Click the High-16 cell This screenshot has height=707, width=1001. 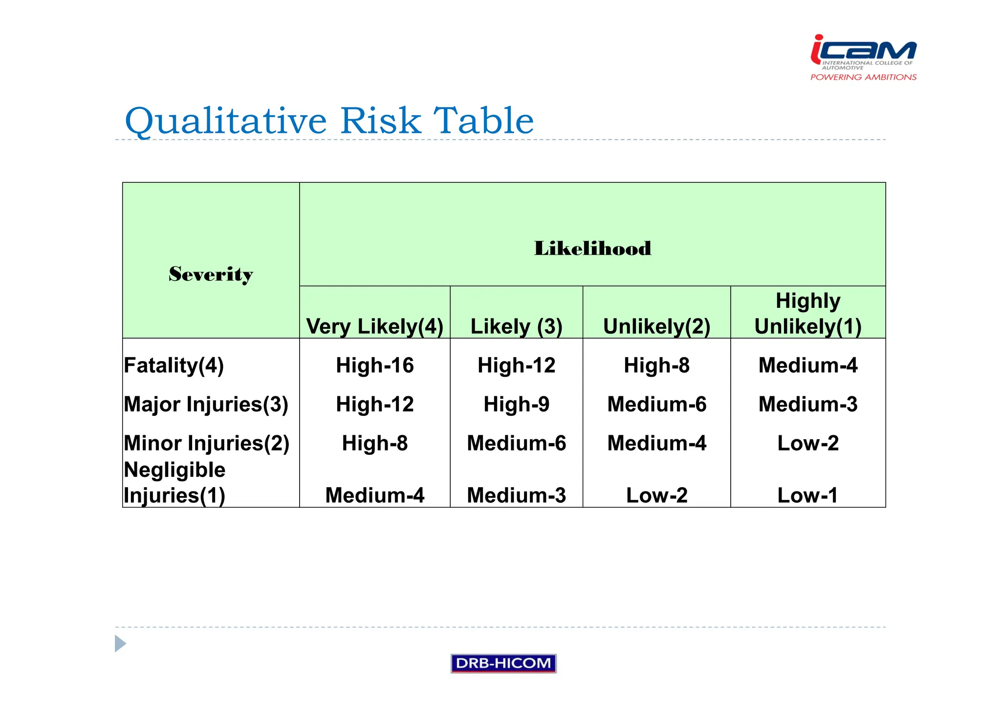click(x=374, y=365)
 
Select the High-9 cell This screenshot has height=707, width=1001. click(x=516, y=405)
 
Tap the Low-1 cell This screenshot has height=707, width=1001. click(x=807, y=495)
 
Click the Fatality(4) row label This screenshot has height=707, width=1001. click(x=174, y=365)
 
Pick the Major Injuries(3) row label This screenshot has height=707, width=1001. click(x=206, y=405)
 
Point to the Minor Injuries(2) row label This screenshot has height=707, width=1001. click(x=206, y=444)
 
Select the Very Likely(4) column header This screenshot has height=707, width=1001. click(x=374, y=326)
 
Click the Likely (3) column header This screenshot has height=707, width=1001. click(x=516, y=326)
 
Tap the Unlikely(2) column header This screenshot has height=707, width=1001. click(x=656, y=326)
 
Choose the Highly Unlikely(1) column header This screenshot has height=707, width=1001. click(x=807, y=314)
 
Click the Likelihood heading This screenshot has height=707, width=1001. click(x=592, y=248)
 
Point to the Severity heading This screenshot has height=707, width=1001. click(x=211, y=274)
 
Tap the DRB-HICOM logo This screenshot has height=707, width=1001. click(x=503, y=663)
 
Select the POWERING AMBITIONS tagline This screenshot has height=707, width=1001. click(x=863, y=77)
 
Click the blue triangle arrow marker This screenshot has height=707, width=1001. click(x=120, y=643)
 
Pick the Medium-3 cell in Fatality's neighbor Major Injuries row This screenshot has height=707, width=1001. click(x=807, y=405)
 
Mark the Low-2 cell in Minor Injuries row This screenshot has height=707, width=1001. click(x=807, y=444)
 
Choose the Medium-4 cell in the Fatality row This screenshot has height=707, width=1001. click(x=807, y=365)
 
